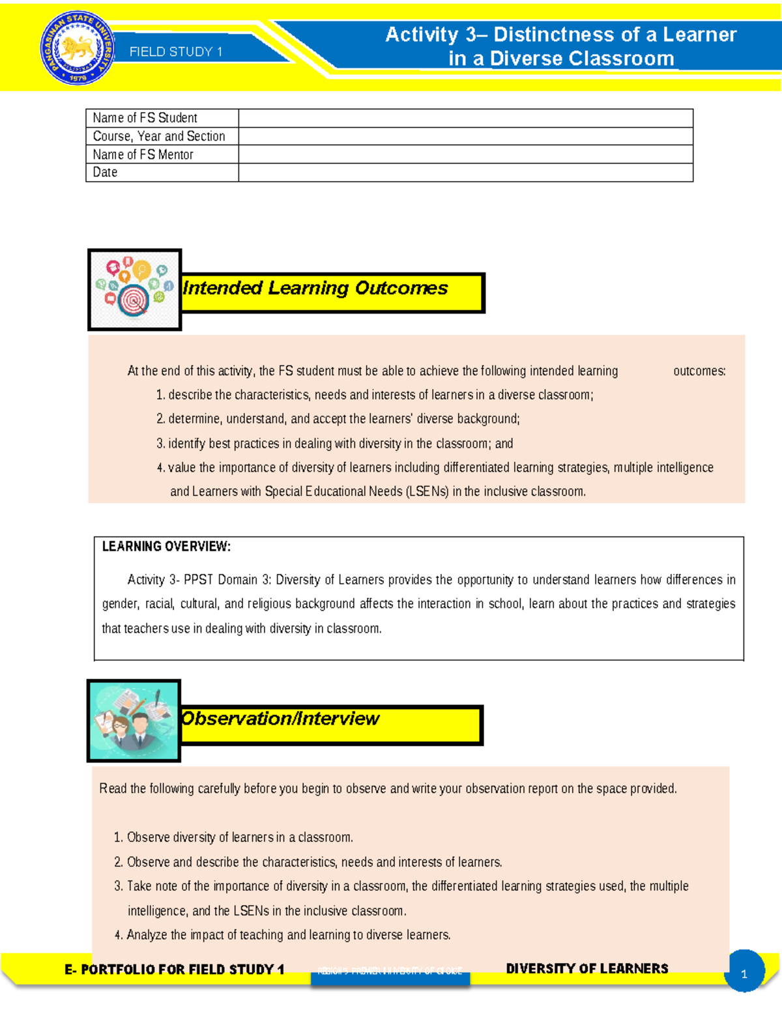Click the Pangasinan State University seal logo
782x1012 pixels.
78,49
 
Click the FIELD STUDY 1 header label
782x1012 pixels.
176,52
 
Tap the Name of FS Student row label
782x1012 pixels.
145,118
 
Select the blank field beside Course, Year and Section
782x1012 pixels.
465,136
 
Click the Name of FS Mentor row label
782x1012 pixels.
143,154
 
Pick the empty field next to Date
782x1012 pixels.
465,173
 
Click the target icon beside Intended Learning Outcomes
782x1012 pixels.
134,290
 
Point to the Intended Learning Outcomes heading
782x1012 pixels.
315,288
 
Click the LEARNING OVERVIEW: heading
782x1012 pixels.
166,547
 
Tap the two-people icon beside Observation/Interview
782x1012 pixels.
134,721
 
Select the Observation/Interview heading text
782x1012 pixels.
280,719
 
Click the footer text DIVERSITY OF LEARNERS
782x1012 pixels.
586,969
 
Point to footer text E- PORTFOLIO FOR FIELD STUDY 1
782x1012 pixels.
175,970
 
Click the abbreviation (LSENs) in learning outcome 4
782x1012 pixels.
427,491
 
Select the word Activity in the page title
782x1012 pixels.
422,35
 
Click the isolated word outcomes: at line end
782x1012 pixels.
699,371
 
